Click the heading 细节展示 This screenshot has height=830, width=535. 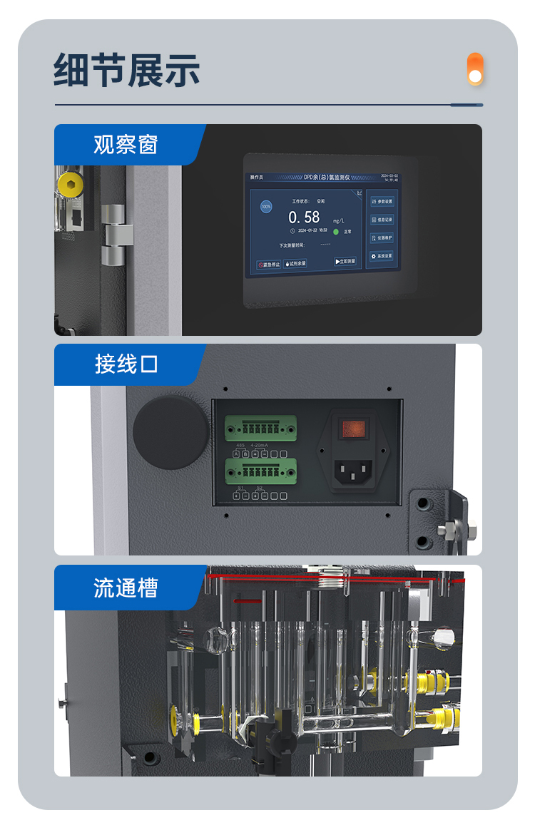coord(126,70)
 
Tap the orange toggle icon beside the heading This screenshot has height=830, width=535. coord(475,69)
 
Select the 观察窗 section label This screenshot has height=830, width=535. coord(125,145)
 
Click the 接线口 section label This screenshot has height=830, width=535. coord(126,364)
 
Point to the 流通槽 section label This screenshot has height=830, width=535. coord(125,588)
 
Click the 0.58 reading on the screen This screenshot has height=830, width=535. coord(304,217)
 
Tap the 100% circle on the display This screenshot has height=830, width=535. coord(266,207)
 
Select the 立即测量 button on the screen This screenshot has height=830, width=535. coord(345,262)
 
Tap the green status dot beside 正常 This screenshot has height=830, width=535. coord(336,232)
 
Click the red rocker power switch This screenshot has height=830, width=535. coord(355,429)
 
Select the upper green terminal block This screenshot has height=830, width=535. coord(261,429)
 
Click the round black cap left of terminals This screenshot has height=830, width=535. coord(171,432)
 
